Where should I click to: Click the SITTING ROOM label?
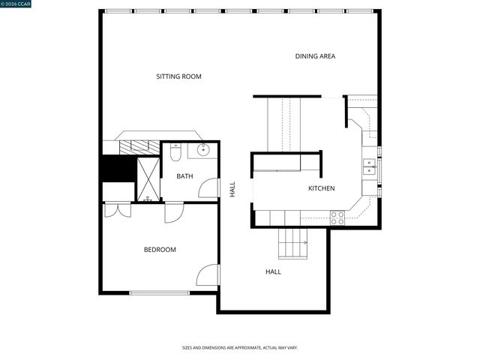[x=178, y=76]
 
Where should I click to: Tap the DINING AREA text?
[x=315, y=56]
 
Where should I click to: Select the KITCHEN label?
[x=321, y=188]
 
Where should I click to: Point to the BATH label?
[x=184, y=176]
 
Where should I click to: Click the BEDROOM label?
[x=160, y=250]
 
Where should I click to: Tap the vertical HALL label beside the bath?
[x=232, y=189]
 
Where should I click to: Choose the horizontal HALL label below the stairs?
[x=273, y=271]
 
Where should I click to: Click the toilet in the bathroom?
[x=175, y=153]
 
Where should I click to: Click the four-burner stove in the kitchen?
[x=337, y=217]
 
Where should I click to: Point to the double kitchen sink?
[x=369, y=166]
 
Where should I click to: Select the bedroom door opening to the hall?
[x=208, y=275]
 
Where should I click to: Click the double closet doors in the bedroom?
[x=118, y=209]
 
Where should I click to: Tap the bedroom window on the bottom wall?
[x=159, y=292]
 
